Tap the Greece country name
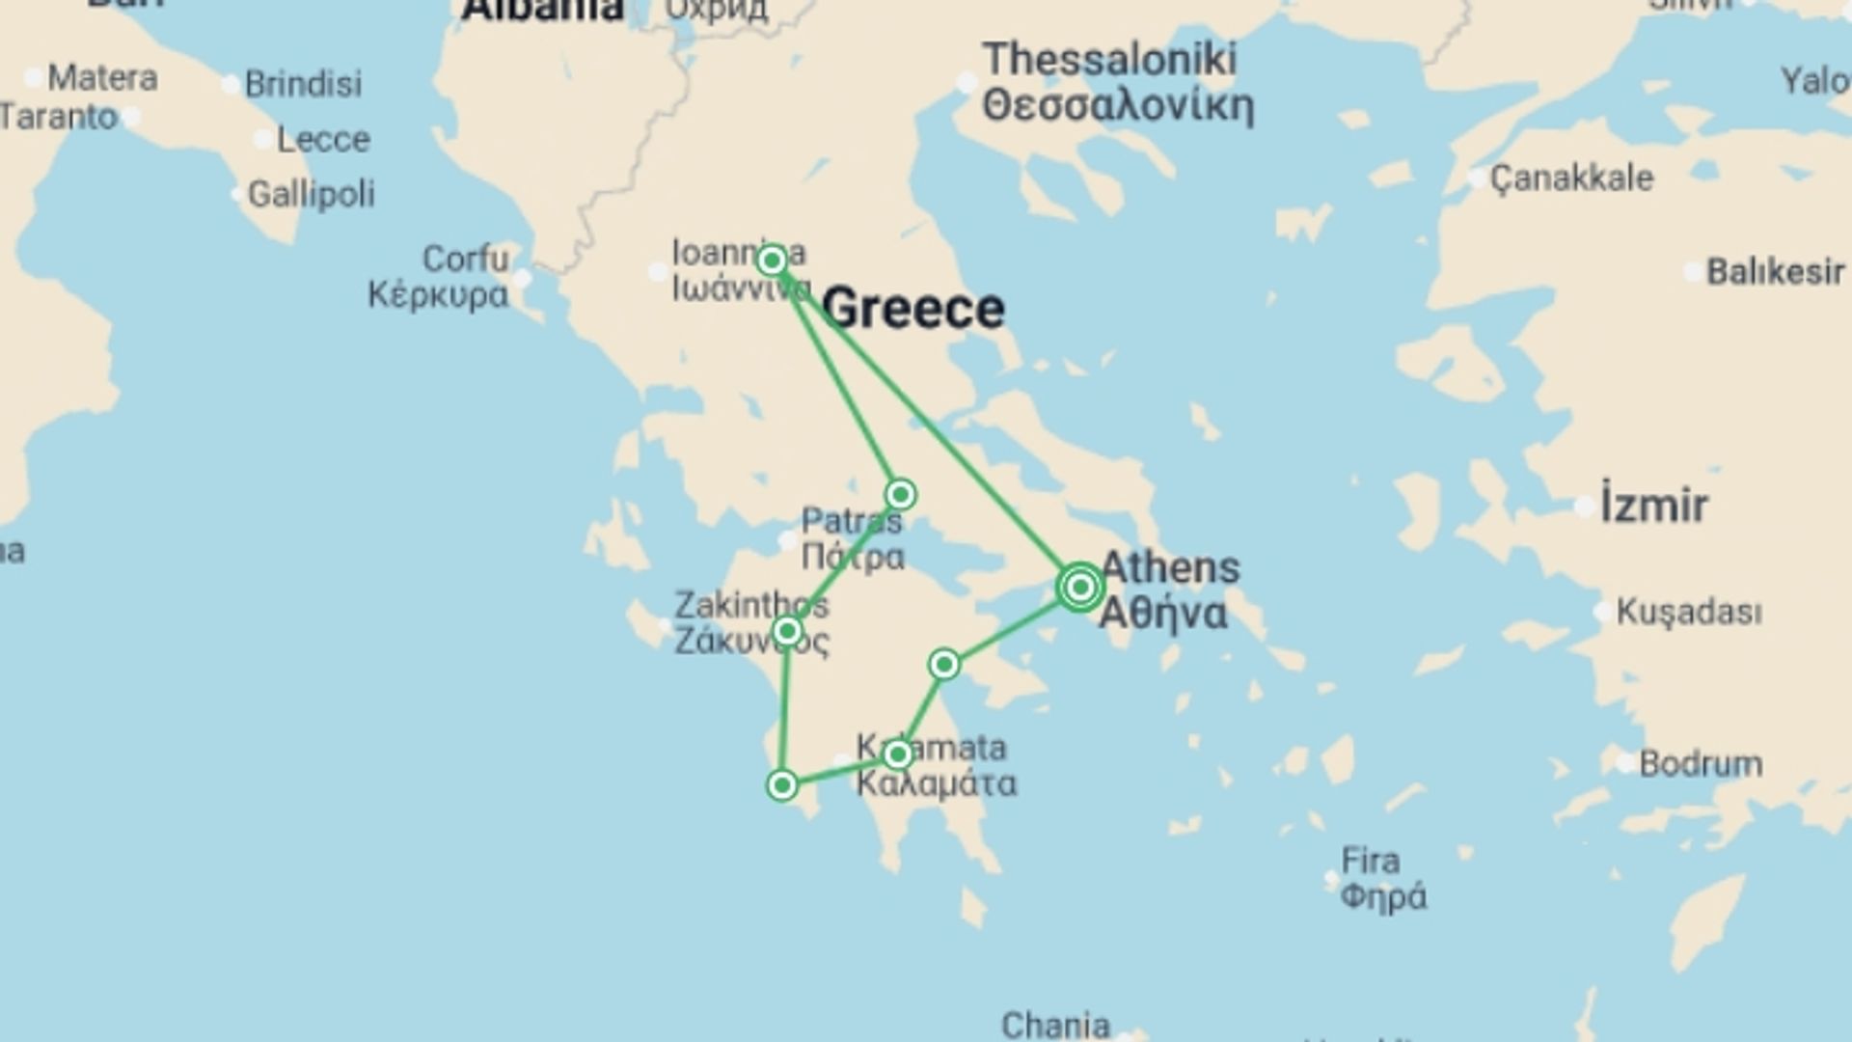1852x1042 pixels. point(913,309)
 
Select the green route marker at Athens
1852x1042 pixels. point(1080,587)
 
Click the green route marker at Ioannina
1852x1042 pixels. point(772,260)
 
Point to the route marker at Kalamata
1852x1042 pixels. point(898,754)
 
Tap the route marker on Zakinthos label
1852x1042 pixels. point(787,632)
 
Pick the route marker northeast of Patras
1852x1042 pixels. point(901,495)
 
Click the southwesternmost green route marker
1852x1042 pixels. point(782,785)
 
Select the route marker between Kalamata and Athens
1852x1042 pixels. point(944,665)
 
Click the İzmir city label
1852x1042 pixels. point(1653,506)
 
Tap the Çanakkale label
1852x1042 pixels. point(1571,178)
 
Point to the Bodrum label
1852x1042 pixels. point(1701,764)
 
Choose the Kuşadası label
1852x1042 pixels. point(1688,612)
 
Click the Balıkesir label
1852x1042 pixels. point(1775,272)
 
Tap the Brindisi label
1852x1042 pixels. point(303,84)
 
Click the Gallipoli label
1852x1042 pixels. point(311,194)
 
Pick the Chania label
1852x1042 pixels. point(1055,1025)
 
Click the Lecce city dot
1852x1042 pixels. point(262,140)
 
